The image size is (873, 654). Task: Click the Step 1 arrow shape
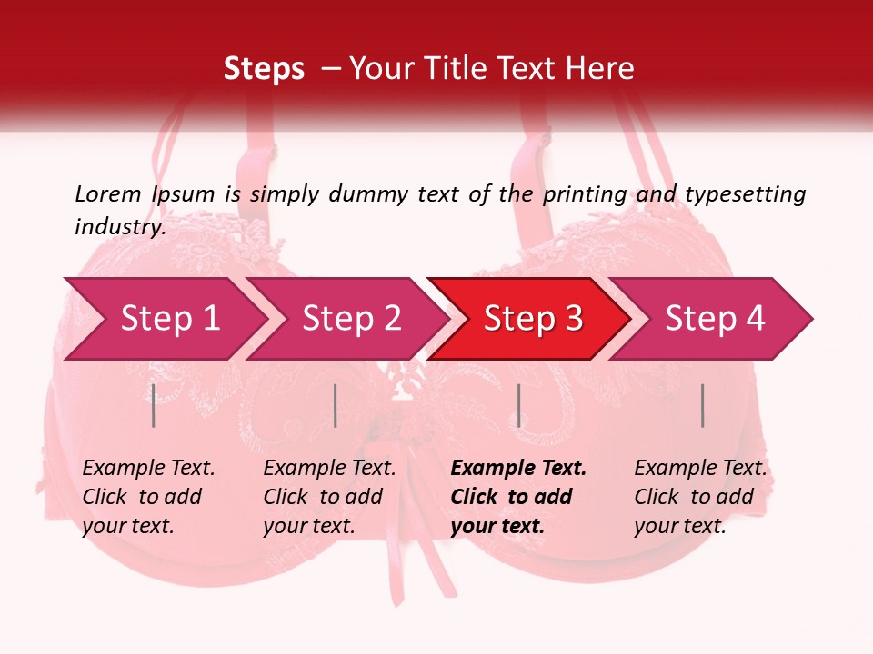pyautogui.click(x=169, y=319)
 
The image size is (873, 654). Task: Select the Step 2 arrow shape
pyautogui.click(x=351, y=319)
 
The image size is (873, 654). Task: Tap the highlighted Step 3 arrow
pyautogui.click(x=533, y=319)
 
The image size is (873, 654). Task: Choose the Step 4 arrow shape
pyautogui.click(x=715, y=319)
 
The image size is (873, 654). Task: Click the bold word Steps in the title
pyautogui.click(x=264, y=68)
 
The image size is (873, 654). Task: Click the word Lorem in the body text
pyautogui.click(x=108, y=193)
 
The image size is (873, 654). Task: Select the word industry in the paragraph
pyautogui.click(x=120, y=226)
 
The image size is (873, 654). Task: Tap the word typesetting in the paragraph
pyautogui.click(x=745, y=193)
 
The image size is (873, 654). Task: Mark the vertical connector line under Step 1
pyautogui.click(x=154, y=405)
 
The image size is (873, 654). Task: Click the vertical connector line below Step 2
pyautogui.click(x=336, y=405)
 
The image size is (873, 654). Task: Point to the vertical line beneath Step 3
pyautogui.click(x=518, y=405)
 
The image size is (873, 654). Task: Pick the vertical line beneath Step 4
pyautogui.click(x=703, y=405)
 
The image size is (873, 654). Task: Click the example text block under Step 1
pyautogui.click(x=148, y=497)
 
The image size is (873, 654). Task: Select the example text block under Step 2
pyautogui.click(x=329, y=497)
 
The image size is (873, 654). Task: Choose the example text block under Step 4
pyautogui.click(x=700, y=497)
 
